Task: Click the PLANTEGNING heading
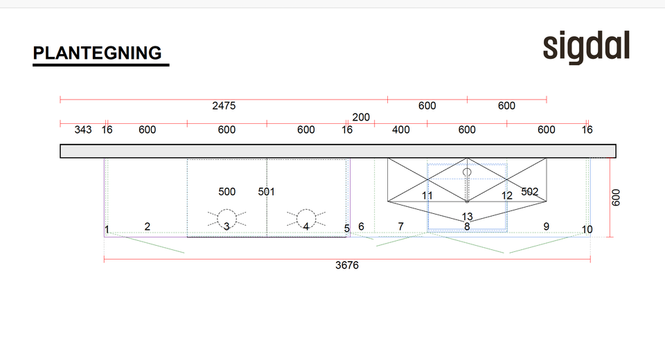97,53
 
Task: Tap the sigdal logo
586,47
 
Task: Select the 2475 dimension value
224,106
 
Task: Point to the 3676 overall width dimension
347,265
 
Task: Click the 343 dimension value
83,129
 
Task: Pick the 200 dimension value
361,117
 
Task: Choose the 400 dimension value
401,129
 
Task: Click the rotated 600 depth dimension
616,197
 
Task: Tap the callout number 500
227,192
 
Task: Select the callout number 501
266,192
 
